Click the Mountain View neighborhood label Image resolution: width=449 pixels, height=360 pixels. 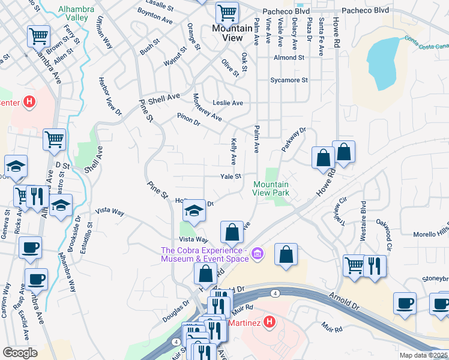pyautogui.click(x=227, y=33)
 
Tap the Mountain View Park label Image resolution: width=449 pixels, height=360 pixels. pyautogui.click(x=271, y=188)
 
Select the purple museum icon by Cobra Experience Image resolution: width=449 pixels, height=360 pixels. pyautogui.click(x=258, y=254)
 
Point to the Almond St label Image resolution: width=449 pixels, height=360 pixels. pyautogui.click(x=289, y=58)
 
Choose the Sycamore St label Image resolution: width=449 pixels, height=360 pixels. pyautogui.click(x=289, y=80)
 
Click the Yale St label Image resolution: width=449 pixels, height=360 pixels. pyautogui.click(x=230, y=176)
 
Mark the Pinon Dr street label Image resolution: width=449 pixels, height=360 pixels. pyautogui.click(x=187, y=119)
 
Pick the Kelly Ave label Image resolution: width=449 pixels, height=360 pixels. pyautogui.click(x=234, y=152)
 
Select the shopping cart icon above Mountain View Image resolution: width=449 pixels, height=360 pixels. pyautogui.click(x=227, y=12)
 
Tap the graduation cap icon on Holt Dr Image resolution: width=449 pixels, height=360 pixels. pyautogui.click(x=194, y=211)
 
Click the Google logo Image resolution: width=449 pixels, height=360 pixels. pyautogui.click(x=20, y=353)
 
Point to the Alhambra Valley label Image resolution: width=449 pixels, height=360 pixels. pyautogui.click(x=82, y=13)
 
